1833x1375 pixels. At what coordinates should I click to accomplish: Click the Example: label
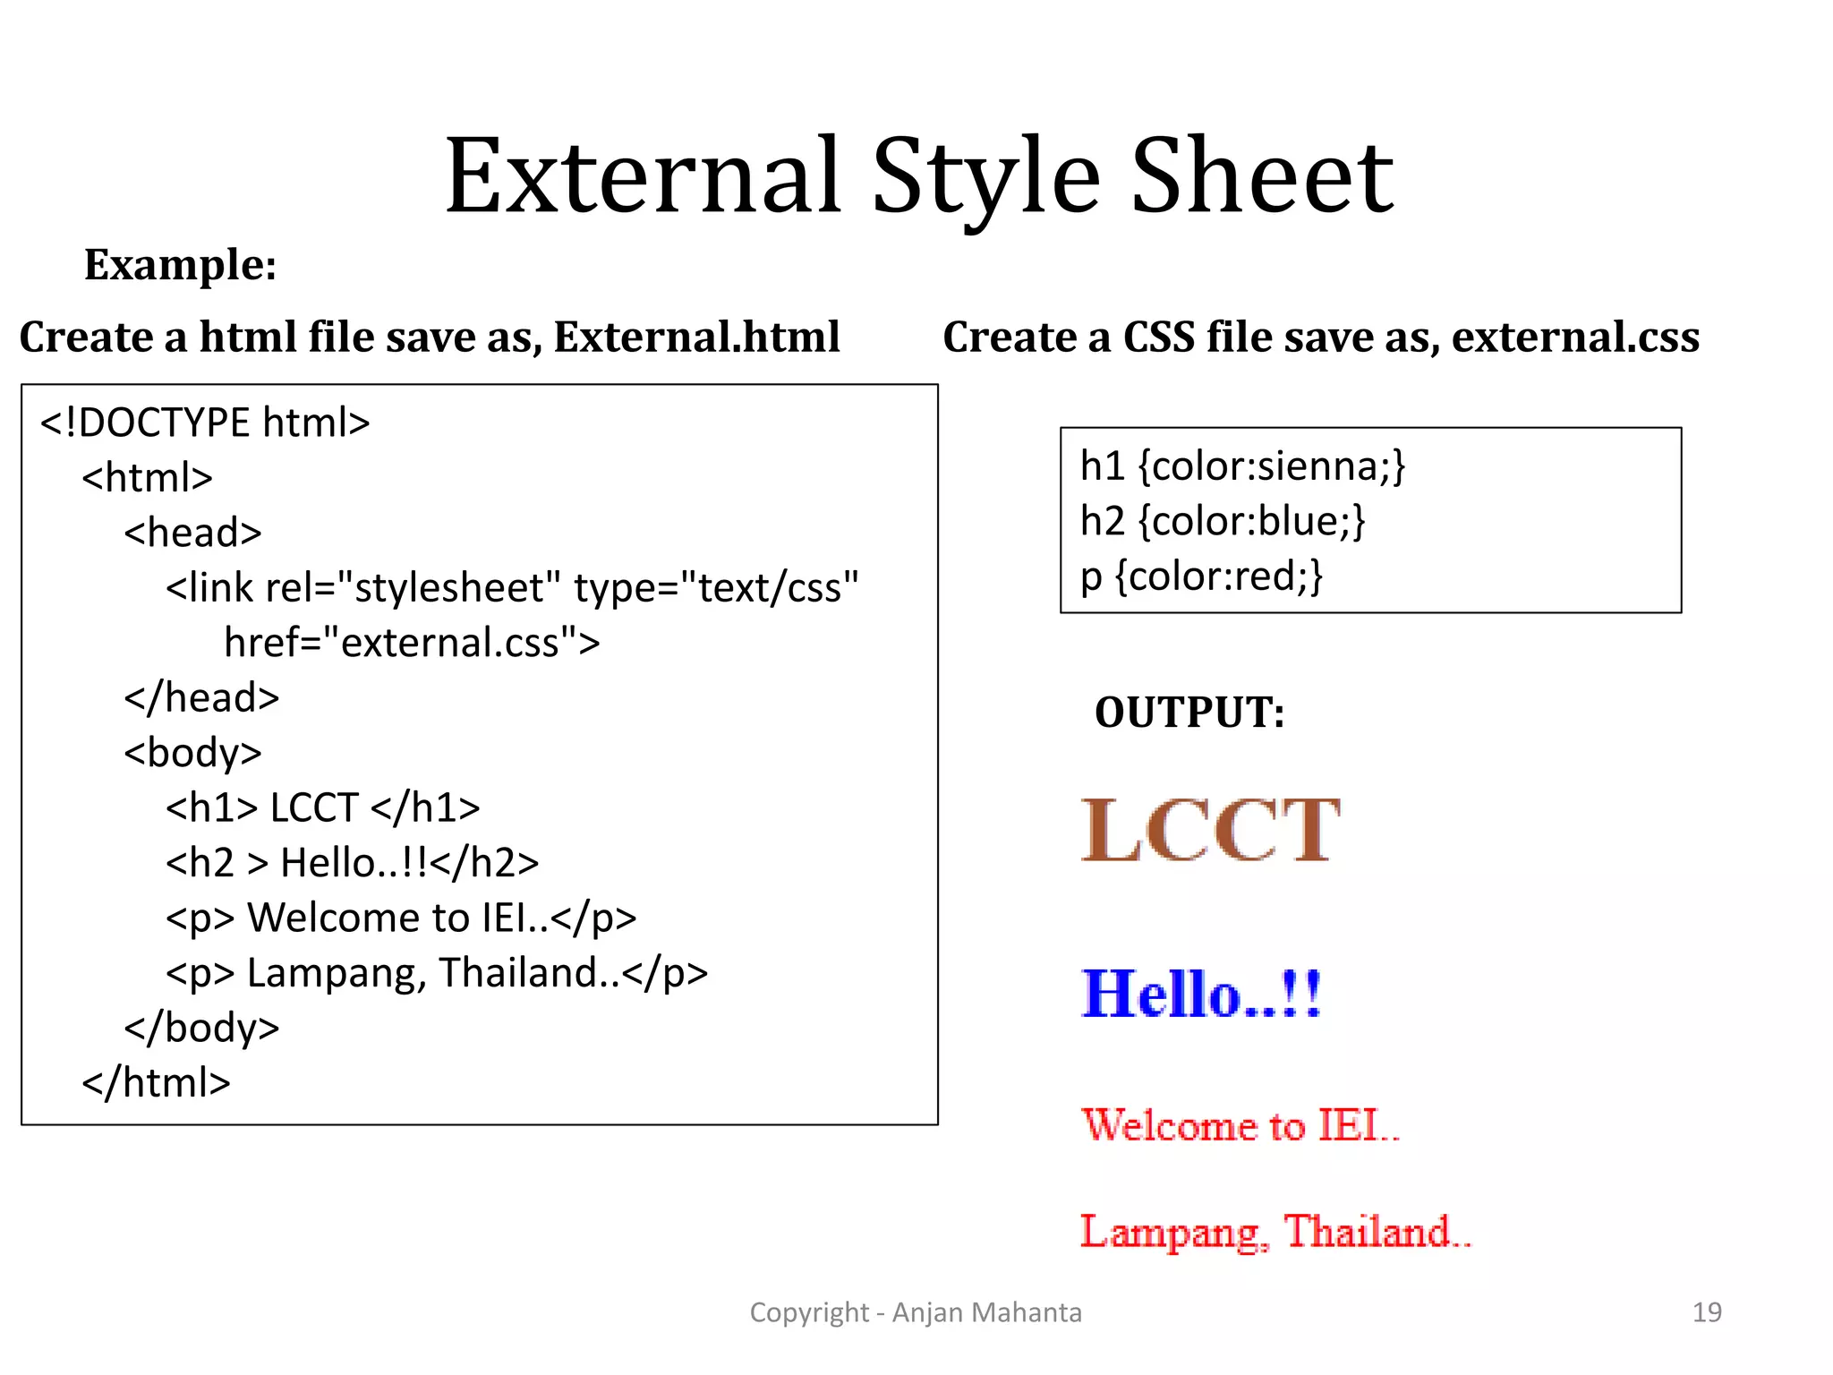180,265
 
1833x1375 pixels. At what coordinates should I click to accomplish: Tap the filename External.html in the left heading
696,337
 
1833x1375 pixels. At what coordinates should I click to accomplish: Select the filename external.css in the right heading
1575,337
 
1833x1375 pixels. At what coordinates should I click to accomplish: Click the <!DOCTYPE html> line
205,423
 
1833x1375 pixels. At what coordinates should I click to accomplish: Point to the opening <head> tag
192,533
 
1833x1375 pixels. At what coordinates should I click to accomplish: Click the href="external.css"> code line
412,643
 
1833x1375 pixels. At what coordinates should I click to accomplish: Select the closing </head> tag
201,697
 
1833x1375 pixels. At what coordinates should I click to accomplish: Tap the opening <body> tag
192,753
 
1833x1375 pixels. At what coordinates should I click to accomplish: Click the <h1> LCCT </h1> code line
322,807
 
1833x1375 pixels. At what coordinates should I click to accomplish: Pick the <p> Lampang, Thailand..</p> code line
436,973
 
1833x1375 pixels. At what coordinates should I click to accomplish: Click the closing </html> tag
156,1082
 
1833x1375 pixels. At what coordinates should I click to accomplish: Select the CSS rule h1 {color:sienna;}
1242,466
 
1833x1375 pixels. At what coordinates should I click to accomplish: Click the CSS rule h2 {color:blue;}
1223,521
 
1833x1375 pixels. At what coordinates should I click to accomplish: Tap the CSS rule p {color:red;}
1201,576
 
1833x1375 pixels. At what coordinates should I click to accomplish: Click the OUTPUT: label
1189,713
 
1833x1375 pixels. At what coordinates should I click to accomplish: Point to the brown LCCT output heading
1210,831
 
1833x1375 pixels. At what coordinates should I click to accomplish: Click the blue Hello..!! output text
1201,995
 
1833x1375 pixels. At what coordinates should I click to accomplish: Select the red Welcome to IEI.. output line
1240,1125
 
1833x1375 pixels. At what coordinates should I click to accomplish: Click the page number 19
1707,1312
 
